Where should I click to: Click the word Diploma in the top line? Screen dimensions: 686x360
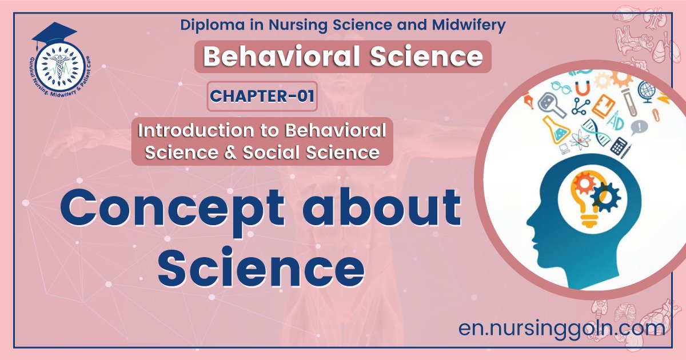click(212, 25)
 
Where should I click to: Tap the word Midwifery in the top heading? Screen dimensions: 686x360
click(469, 25)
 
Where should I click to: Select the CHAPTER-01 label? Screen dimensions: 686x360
click(262, 96)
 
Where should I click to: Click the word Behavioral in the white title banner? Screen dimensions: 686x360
click(281, 57)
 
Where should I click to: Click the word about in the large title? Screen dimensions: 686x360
click(382, 207)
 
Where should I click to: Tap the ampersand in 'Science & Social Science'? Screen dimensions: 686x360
click(230, 153)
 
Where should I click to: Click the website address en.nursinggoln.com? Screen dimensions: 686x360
click(561, 328)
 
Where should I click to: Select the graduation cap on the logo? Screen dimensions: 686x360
click(54, 34)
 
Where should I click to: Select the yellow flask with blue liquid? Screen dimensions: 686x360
click(556, 130)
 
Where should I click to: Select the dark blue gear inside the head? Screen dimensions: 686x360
click(605, 198)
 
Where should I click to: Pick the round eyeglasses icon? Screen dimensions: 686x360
click(561, 88)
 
